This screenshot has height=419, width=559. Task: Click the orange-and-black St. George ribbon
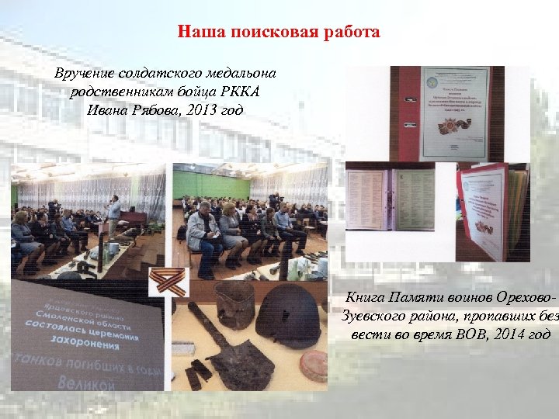[170, 280]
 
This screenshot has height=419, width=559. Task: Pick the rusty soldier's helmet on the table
[288, 314]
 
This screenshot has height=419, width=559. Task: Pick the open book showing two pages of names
[403, 200]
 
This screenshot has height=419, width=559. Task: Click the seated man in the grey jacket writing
[204, 234]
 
